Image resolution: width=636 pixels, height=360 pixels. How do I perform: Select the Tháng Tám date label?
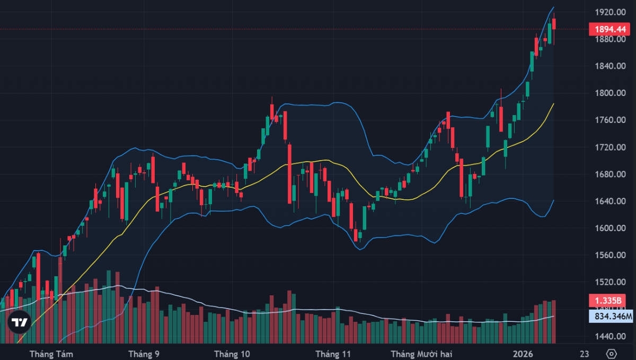point(51,354)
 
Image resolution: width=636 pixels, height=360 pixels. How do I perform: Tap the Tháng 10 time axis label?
point(232,354)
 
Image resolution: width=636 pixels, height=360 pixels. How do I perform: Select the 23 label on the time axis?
point(585,354)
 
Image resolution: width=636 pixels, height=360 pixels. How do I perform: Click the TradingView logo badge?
point(20,322)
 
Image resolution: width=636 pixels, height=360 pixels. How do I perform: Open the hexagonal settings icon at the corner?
point(612,354)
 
